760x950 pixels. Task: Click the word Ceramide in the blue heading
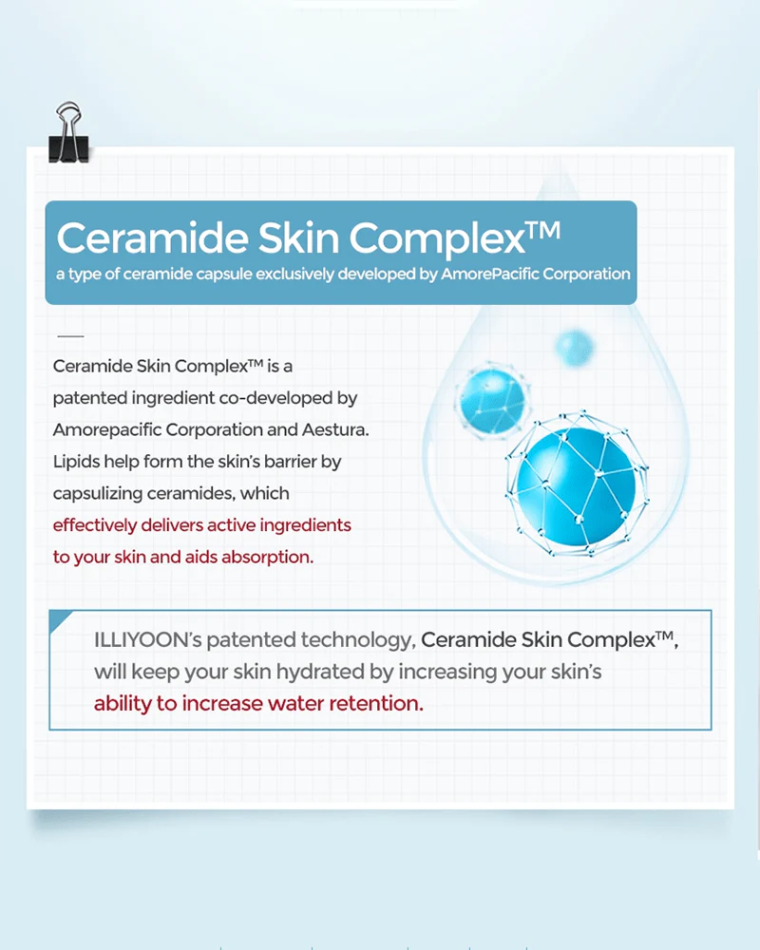(x=147, y=237)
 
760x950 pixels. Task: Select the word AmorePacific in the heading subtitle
(x=487, y=274)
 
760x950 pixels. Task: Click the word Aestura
(x=332, y=429)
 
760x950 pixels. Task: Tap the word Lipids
(x=77, y=462)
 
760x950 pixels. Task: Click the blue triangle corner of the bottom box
(x=59, y=620)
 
